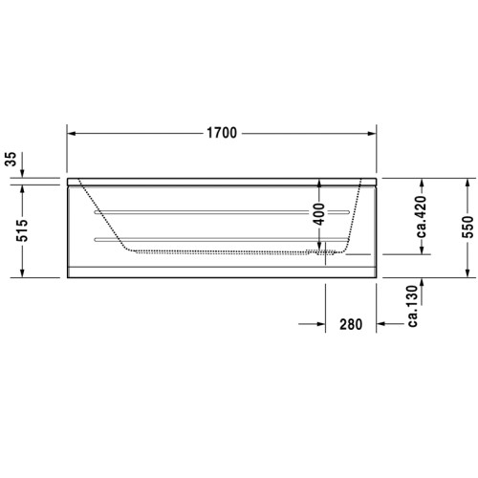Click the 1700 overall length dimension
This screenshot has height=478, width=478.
click(x=222, y=133)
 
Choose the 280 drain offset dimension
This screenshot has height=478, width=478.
click(x=351, y=325)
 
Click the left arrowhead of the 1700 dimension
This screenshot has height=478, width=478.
click(x=71, y=133)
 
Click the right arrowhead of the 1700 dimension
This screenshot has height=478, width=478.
click(x=375, y=133)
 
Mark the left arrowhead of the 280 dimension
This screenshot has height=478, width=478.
click(x=321, y=325)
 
